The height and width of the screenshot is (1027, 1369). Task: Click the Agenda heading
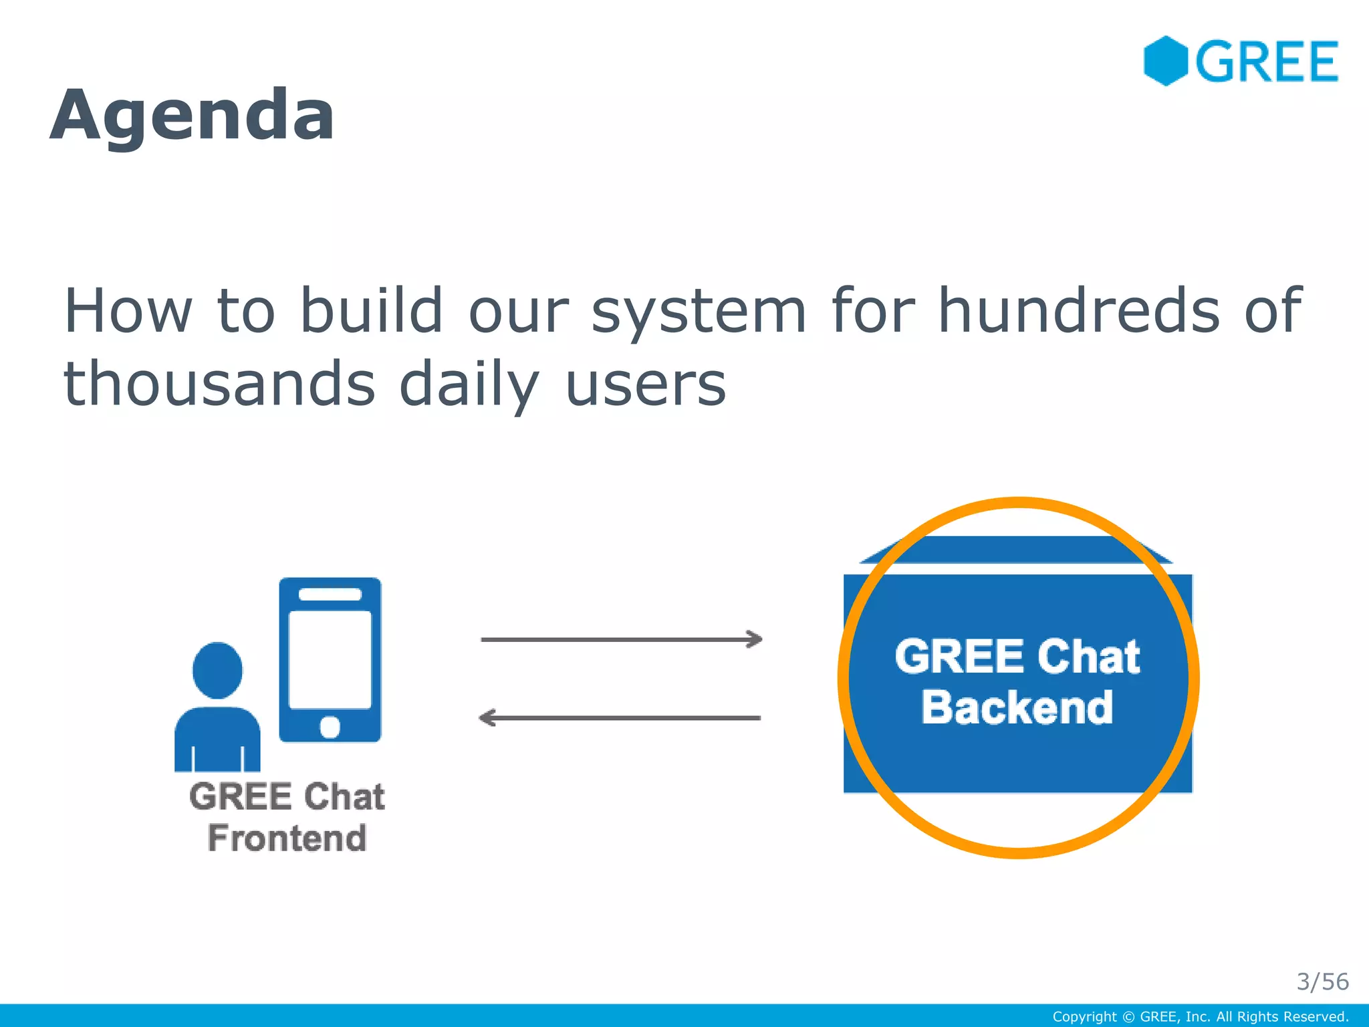[193, 115]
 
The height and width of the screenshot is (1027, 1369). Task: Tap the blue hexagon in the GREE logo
[1165, 61]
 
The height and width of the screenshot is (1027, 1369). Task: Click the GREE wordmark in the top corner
[1267, 62]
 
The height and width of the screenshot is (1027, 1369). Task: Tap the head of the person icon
[217, 670]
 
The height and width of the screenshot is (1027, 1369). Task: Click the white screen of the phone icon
[330, 659]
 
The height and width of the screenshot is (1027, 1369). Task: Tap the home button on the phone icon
[330, 727]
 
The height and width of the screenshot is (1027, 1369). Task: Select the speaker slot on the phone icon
[330, 594]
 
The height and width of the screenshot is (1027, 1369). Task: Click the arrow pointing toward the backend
[622, 640]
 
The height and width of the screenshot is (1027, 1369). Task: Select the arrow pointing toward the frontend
[620, 718]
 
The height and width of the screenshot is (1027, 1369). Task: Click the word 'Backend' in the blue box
[1017, 707]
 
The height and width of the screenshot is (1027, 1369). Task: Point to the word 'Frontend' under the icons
[287, 838]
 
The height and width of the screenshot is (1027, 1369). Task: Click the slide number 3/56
[1322, 982]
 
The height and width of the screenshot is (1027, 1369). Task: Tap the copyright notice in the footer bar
[1200, 1017]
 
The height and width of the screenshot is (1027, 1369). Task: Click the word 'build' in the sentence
[371, 310]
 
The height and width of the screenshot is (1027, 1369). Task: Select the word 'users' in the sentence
[646, 384]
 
